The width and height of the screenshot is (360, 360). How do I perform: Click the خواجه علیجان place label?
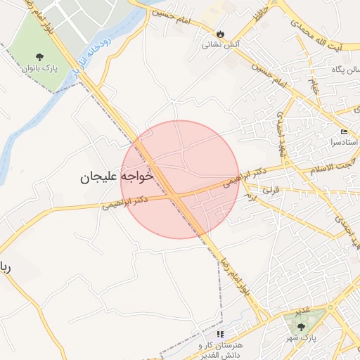tap(117, 176)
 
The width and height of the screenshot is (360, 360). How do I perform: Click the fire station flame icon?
tap(221, 34)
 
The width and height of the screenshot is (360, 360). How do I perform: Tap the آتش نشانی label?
tap(221, 44)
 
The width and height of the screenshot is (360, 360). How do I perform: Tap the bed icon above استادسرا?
tap(343, 131)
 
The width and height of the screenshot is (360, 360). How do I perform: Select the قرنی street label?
tap(271, 190)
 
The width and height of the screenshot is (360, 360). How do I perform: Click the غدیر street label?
tap(302, 311)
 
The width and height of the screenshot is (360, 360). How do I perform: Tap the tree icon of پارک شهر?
tap(302, 327)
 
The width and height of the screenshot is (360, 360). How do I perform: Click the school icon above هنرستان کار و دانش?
tap(220, 335)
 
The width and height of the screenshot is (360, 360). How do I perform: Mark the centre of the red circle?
tap(180, 179)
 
